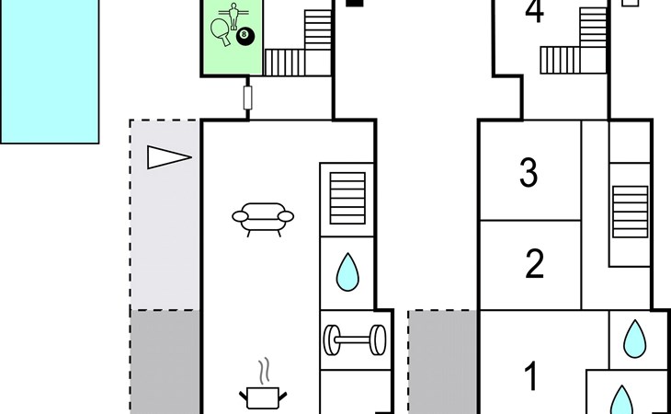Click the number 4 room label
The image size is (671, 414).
click(534, 11)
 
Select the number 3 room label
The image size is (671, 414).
click(529, 173)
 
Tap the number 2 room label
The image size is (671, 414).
click(534, 264)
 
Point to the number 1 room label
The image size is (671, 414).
click(531, 376)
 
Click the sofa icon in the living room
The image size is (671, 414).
click(263, 219)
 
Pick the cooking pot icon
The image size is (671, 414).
click(263, 397)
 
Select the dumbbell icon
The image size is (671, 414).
click(354, 339)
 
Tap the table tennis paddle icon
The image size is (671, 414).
click(221, 32)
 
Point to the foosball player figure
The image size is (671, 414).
click(233, 17)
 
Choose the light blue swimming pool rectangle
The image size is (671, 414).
click(50, 71)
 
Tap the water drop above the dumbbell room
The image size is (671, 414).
click(347, 272)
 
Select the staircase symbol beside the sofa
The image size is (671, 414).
click(347, 198)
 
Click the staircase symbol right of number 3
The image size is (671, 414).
click(630, 212)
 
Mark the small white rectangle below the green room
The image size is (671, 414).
click(247, 98)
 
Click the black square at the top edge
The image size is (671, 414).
click(354, 3)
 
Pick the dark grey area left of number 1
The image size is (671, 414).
click(443, 362)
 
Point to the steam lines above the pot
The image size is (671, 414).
click(265, 370)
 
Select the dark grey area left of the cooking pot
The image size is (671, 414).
click(165, 362)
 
